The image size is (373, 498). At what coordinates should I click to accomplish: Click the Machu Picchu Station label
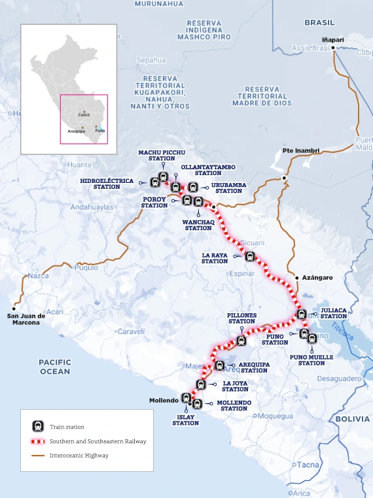coord(157,155)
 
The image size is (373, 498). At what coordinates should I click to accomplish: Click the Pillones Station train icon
coord(241,340)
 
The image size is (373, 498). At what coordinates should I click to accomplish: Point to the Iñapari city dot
coord(333,48)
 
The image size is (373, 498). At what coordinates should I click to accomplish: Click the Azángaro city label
coord(317,278)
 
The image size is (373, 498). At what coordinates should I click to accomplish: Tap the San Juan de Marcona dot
coord(14,308)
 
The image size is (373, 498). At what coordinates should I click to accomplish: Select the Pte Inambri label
coord(301,150)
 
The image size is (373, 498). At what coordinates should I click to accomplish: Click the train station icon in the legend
coord(39,426)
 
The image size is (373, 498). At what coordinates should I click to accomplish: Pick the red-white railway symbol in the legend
coord(39,441)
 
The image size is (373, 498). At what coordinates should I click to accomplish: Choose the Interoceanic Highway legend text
coord(79,456)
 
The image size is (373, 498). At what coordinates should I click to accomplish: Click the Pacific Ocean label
coord(54,367)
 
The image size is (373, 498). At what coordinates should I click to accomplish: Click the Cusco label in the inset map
coord(84,114)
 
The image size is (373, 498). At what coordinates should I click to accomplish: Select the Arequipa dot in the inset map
coord(82,127)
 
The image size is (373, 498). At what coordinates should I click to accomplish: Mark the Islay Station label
coord(185,420)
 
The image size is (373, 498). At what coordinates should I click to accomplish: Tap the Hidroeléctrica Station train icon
coord(154,182)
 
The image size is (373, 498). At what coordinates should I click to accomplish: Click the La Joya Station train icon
coord(201,384)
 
